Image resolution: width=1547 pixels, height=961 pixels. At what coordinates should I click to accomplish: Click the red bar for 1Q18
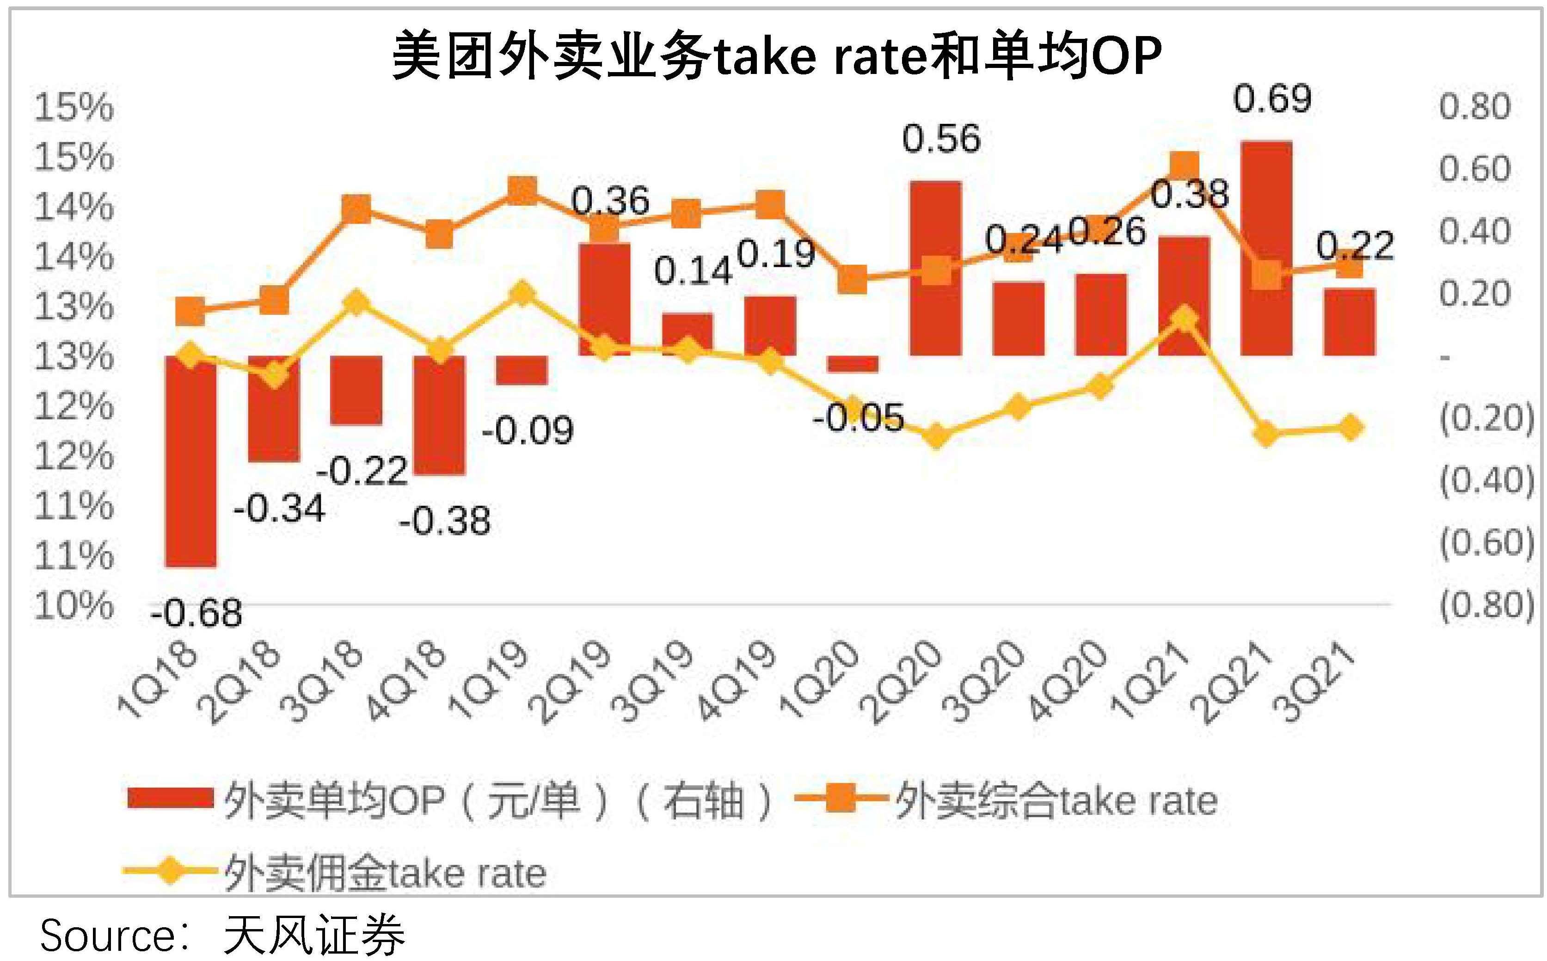tap(190, 461)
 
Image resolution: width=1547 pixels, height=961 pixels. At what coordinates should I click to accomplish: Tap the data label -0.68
tap(196, 614)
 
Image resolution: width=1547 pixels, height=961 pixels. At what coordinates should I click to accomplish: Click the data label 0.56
tap(941, 139)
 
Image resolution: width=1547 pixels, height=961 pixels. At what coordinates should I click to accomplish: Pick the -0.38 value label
tap(445, 521)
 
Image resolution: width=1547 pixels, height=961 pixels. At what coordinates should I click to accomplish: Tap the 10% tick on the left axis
tap(74, 606)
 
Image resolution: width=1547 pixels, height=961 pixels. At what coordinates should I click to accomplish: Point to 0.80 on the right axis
tap(1474, 107)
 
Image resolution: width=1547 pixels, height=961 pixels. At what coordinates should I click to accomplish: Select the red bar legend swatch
tap(170, 798)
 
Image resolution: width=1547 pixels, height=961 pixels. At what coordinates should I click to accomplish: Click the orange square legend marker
tap(840, 798)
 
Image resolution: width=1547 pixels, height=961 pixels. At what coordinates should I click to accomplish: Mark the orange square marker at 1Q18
tap(190, 311)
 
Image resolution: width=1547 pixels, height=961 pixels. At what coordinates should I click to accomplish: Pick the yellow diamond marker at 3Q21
tap(1349, 427)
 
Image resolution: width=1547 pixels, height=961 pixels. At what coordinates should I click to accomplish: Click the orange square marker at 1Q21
tap(1184, 166)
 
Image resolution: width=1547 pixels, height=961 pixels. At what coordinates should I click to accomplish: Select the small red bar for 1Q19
tap(522, 370)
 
